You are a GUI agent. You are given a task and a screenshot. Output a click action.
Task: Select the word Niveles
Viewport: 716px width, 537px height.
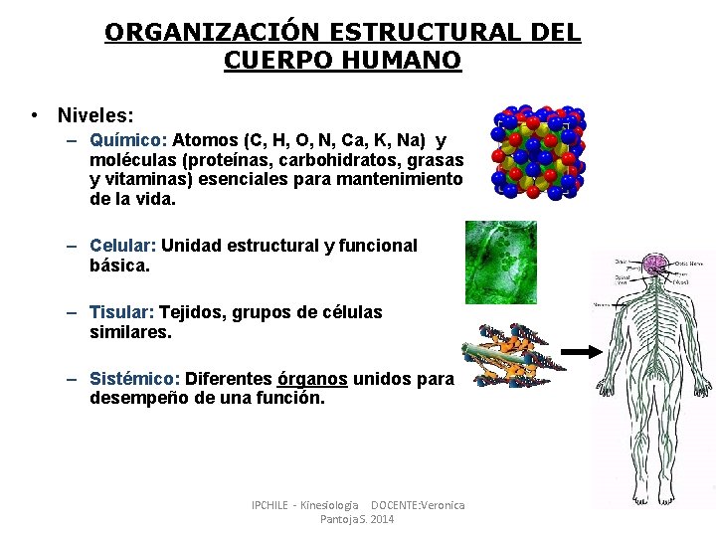coord(93,115)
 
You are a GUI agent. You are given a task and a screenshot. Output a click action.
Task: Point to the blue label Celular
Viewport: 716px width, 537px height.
coord(123,246)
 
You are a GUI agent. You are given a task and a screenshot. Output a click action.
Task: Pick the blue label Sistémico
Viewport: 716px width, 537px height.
coord(134,379)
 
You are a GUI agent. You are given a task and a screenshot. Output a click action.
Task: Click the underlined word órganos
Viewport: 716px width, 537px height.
coord(312,379)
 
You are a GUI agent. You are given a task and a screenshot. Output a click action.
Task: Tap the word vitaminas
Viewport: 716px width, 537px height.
coord(140,179)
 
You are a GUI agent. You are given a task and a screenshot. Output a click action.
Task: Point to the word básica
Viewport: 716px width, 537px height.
coord(119,266)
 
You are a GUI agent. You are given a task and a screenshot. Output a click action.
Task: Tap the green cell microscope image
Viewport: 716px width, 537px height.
coord(501,263)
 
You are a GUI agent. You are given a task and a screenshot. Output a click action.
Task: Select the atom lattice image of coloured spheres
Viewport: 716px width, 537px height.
coord(538,152)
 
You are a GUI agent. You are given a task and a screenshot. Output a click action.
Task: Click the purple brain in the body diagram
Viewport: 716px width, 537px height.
coord(654,265)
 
